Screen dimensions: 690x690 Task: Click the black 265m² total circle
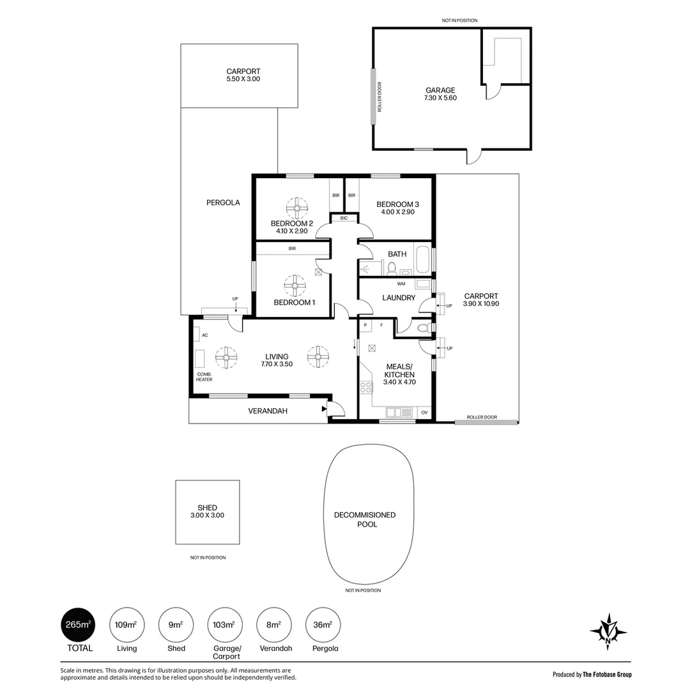point(79,624)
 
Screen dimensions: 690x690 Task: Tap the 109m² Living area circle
point(126,624)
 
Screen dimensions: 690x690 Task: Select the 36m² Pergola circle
point(323,624)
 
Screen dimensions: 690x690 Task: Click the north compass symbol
point(608,632)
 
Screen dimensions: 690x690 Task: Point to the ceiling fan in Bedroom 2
point(297,208)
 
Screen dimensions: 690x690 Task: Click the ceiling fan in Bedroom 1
point(295,286)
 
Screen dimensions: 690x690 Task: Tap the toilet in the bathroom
point(392,268)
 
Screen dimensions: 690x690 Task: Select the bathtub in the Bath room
point(423,259)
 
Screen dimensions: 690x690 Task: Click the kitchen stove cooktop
point(366,387)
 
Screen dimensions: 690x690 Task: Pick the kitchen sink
point(399,412)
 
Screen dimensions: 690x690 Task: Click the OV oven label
point(424,412)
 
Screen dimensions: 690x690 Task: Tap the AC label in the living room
point(204,335)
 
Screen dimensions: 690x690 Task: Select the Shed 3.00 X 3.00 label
point(207,511)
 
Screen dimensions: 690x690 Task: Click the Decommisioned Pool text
point(365,519)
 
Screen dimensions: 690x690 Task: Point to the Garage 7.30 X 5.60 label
point(440,94)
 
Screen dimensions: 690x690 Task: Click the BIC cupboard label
point(344,218)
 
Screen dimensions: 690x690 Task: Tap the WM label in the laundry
point(401,284)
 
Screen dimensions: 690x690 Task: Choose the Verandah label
point(268,411)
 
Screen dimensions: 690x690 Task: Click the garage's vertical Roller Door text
point(379,97)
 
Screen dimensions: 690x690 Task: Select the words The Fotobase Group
point(608,674)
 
